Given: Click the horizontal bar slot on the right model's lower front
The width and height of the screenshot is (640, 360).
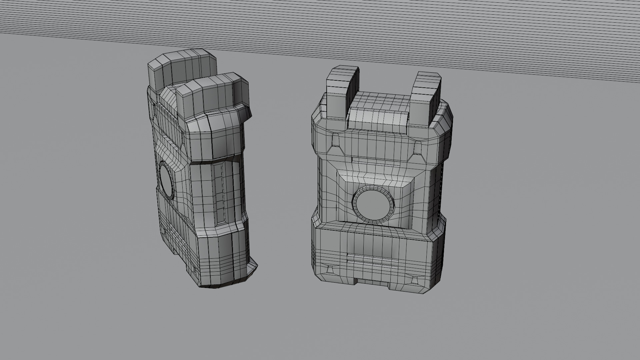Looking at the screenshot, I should (370, 257).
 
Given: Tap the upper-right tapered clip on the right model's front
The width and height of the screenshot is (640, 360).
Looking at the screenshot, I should (417, 148).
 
